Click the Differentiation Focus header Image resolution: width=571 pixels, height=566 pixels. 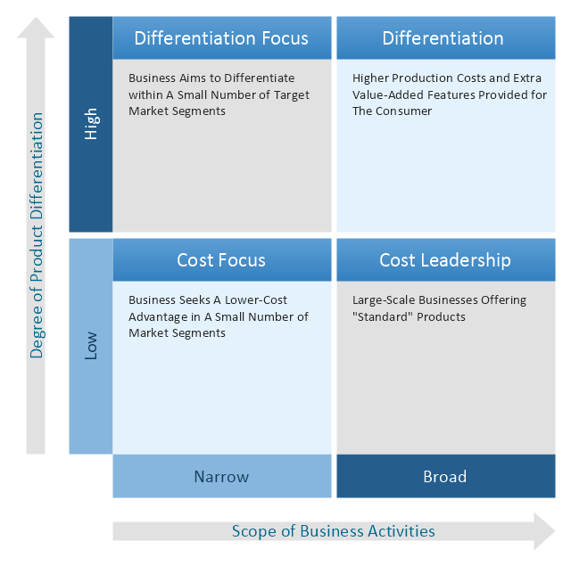pos(221,38)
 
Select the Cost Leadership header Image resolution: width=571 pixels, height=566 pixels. pos(444,260)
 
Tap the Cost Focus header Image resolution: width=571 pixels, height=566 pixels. pos(221,260)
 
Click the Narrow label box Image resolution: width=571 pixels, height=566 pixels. pos(221,477)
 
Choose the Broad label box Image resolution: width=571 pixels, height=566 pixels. pos(444,477)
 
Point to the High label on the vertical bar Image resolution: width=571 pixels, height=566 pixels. pos(91,124)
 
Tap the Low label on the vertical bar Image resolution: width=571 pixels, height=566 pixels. pos(91,347)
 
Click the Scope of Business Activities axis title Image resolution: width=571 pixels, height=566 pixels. pos(333,531)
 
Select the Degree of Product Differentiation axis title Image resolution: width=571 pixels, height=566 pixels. pos(37,235)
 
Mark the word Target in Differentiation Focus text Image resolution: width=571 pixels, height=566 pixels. pos(287,94)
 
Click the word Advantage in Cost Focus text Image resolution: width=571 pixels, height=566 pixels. pos(158,317)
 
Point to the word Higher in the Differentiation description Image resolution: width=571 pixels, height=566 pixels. pos(372,78)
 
